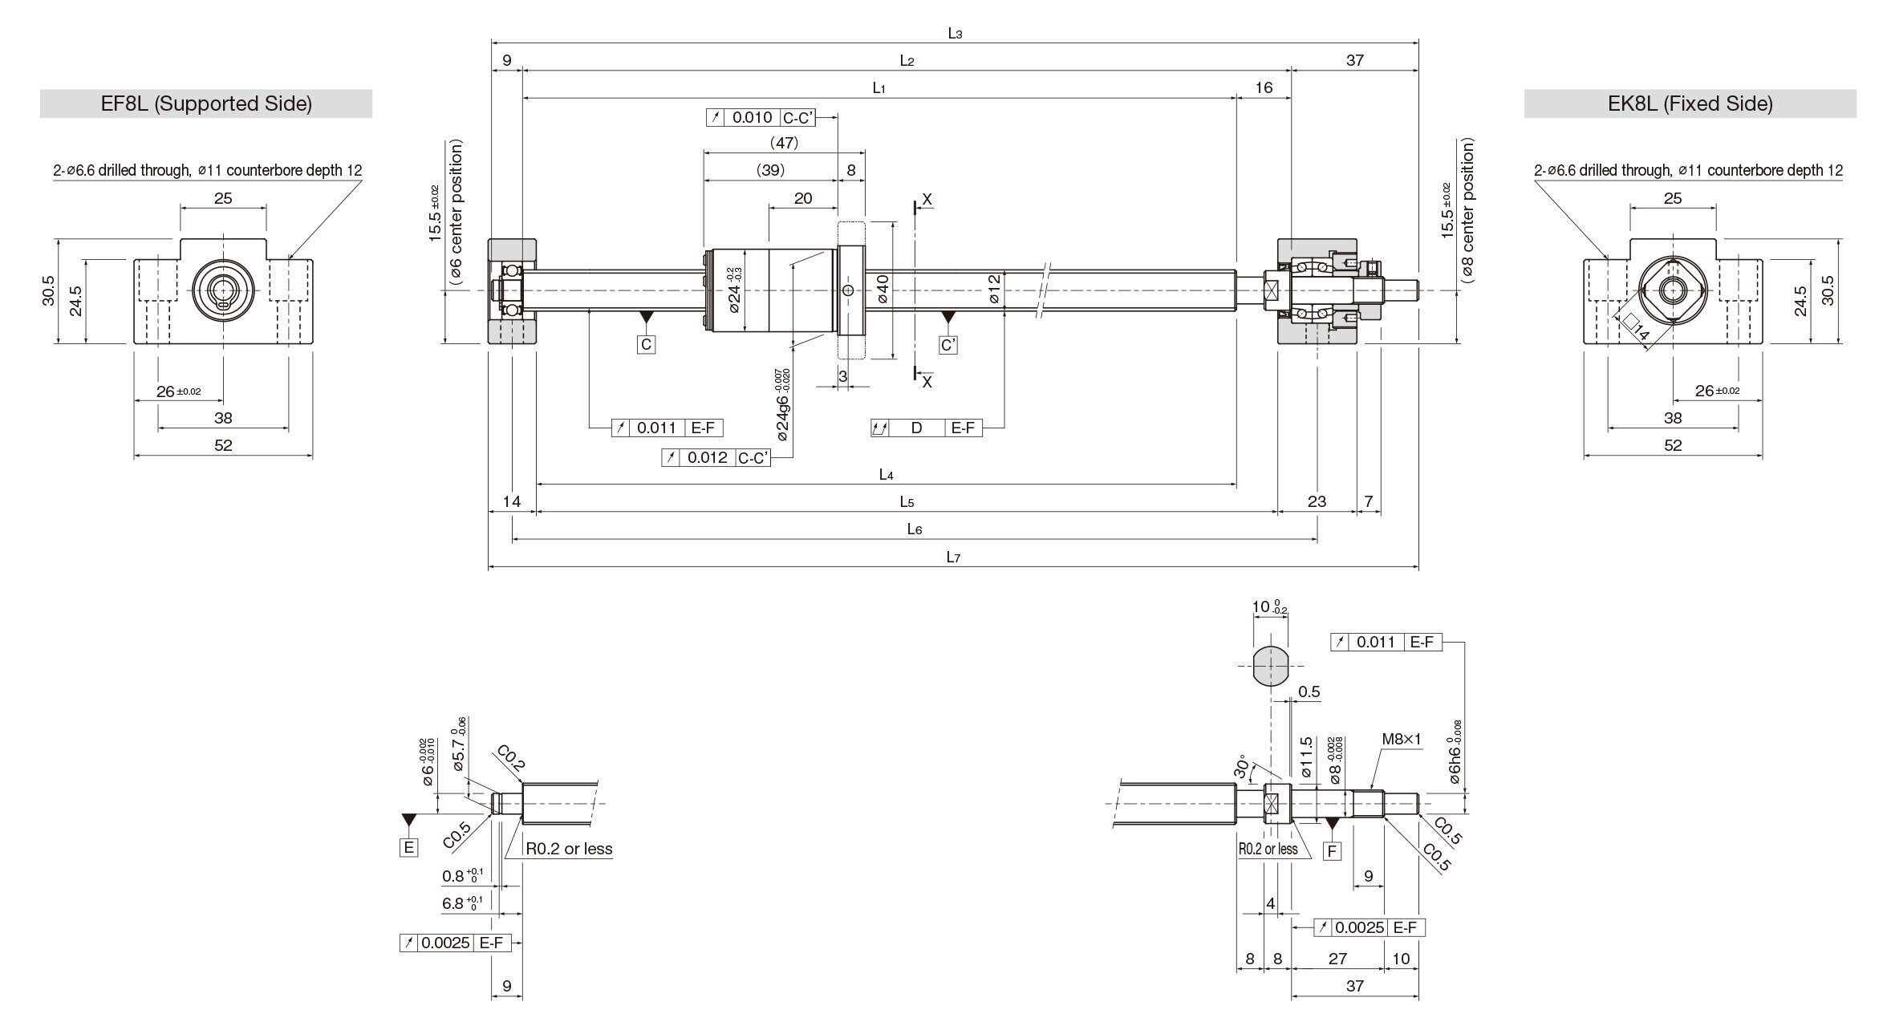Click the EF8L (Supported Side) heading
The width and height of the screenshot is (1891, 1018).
206,103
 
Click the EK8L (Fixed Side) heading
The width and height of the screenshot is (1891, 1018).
1690,103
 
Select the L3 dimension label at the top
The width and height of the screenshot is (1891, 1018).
954,33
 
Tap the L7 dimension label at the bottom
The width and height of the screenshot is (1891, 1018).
952,558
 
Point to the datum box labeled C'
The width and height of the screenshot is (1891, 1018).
948,345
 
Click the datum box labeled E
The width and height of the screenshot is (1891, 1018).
409,847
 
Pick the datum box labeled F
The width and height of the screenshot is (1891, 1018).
1332,850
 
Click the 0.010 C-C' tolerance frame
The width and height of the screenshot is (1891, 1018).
771,118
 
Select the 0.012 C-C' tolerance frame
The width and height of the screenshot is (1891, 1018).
716,458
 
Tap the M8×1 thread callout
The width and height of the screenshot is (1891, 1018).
1401,739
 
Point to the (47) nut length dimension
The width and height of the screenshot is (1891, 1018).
783,143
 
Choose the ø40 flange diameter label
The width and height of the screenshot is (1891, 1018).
883,290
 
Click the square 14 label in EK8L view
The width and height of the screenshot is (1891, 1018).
1637,327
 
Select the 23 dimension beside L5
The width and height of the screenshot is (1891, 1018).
1317,501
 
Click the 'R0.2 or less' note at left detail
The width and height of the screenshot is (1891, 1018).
569,849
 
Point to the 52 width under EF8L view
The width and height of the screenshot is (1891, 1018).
223,445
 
